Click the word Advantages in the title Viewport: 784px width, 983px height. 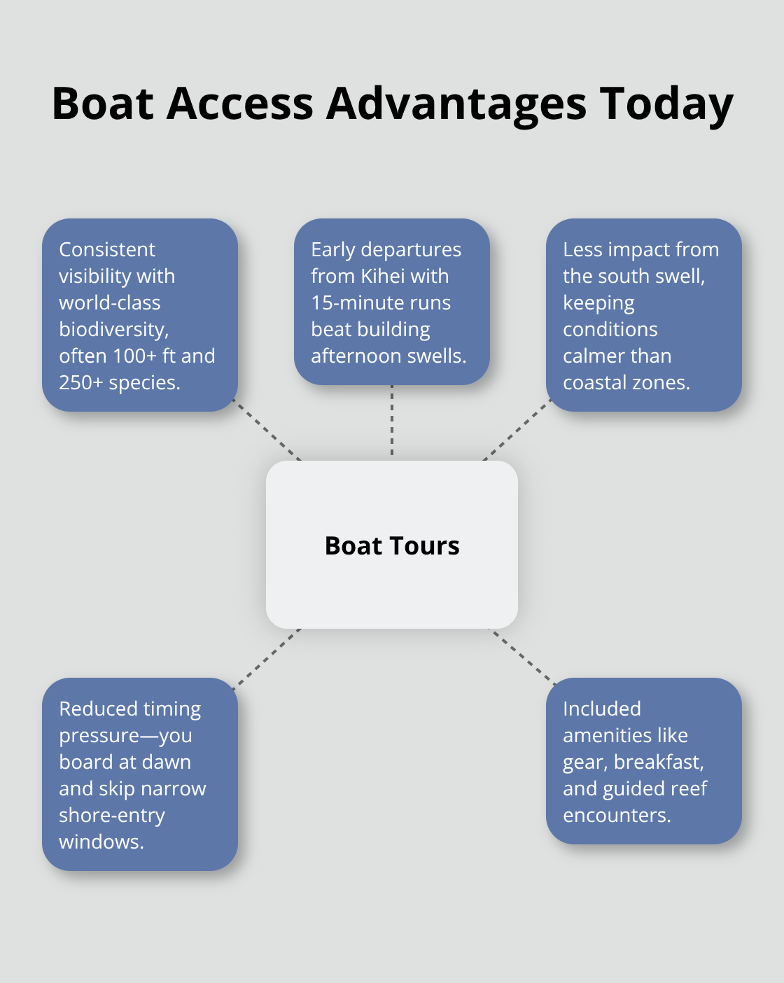tap(456, 104)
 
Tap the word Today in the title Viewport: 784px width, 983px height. tap(666, 105)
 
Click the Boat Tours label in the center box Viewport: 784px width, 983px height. tap(392, 546)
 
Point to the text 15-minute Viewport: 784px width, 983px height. tap(349, 303)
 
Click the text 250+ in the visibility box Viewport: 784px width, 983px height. tap(81, 383)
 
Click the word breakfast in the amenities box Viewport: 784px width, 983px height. tap(659, 762)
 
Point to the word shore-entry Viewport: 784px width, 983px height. tap(112, 816)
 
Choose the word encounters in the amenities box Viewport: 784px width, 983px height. tap(617, 816)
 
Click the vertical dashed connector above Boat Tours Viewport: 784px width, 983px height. tap(392, 420)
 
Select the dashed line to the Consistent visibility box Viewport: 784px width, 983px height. tap(267, 430)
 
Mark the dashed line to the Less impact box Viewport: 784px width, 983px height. tap(517, 430)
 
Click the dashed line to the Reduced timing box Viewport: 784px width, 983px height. tap(267, 659)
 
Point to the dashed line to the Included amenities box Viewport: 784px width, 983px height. tap(522, 657)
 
